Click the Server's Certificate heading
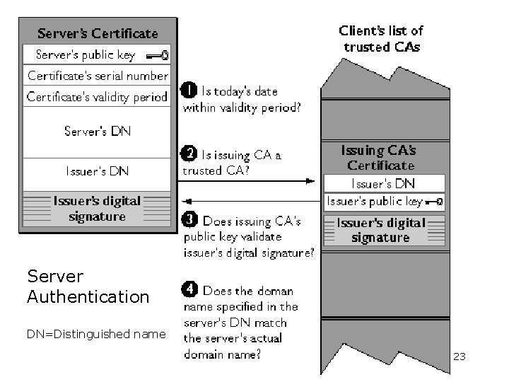point(98,33)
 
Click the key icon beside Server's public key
point(157,54)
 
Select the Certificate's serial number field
point(98,75)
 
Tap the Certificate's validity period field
point(98,96)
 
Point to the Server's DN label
point(98,131)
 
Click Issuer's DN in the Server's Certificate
point(98,170)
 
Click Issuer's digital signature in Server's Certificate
point(98,209)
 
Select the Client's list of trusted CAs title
point(381,39)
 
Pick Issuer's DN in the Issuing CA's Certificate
point(384,183)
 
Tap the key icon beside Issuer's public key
point(435,202)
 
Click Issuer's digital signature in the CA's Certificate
point(381,230)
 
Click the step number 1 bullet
point(189,91)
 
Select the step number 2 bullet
point(189,154)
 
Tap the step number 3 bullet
point(189,220)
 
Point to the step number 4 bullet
point(189,289)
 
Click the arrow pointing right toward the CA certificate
point(247,182)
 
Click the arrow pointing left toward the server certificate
point(247,201)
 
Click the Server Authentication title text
point(88,286)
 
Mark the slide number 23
point(459,357)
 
